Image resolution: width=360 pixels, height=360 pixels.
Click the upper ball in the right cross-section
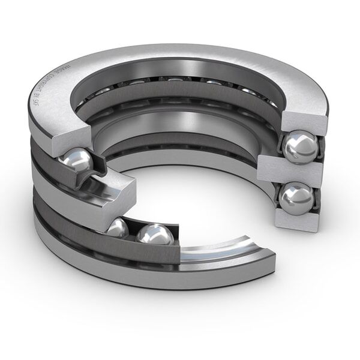coord(301,146)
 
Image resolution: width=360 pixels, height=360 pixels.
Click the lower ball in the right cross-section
coord(296,198)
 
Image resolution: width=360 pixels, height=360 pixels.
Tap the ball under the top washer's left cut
coord(77,161)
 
